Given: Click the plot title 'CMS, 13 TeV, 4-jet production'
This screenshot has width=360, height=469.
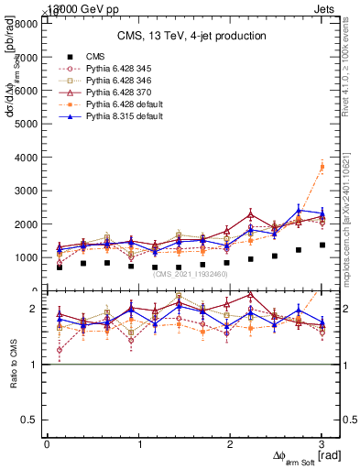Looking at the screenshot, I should click(191, 36).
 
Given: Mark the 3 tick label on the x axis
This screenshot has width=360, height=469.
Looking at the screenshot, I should click(322, 444).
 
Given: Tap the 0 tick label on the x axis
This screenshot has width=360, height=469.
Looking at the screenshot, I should click(47, 444).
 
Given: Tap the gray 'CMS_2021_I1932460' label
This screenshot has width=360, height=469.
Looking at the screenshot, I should click(190, 274).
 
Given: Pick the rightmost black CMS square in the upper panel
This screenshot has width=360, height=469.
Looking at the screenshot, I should click(322, 245).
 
